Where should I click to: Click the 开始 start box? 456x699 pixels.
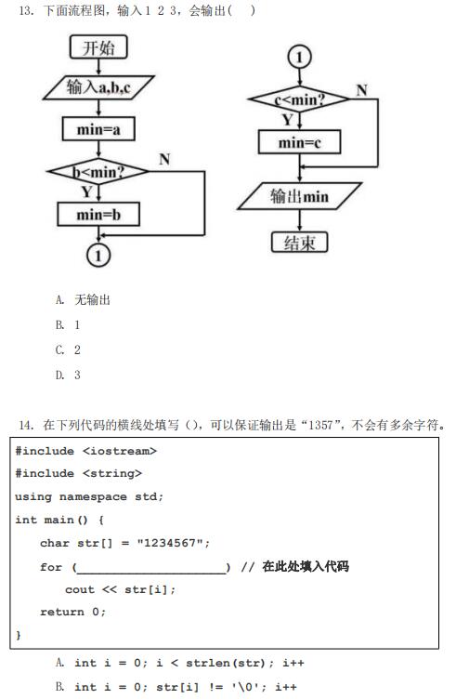[98, 47]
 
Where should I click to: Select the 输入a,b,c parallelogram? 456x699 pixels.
[98, 87]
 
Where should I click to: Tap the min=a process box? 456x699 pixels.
[98, 129]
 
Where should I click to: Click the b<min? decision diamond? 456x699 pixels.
[98, 172]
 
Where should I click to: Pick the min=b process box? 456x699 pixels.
[98, 215]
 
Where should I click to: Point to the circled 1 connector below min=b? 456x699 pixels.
[98, 256]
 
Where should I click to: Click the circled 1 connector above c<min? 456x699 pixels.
[299, 57]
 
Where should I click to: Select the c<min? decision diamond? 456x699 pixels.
[299, 99]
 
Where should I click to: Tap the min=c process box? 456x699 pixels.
[299, 142]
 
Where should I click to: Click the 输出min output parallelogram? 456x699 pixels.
[299, 196]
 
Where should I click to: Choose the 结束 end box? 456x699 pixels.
[299, 243]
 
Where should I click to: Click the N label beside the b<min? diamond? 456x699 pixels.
[164, 159]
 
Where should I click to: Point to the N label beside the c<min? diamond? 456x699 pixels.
[361, 90]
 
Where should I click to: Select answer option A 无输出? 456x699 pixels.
[83, 299]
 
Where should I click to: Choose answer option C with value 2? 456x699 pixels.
[68, 349]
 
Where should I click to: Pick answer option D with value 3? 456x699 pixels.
[68, 375]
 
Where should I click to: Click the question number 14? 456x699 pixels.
[26, 425]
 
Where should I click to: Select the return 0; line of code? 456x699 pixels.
[72, 612]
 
